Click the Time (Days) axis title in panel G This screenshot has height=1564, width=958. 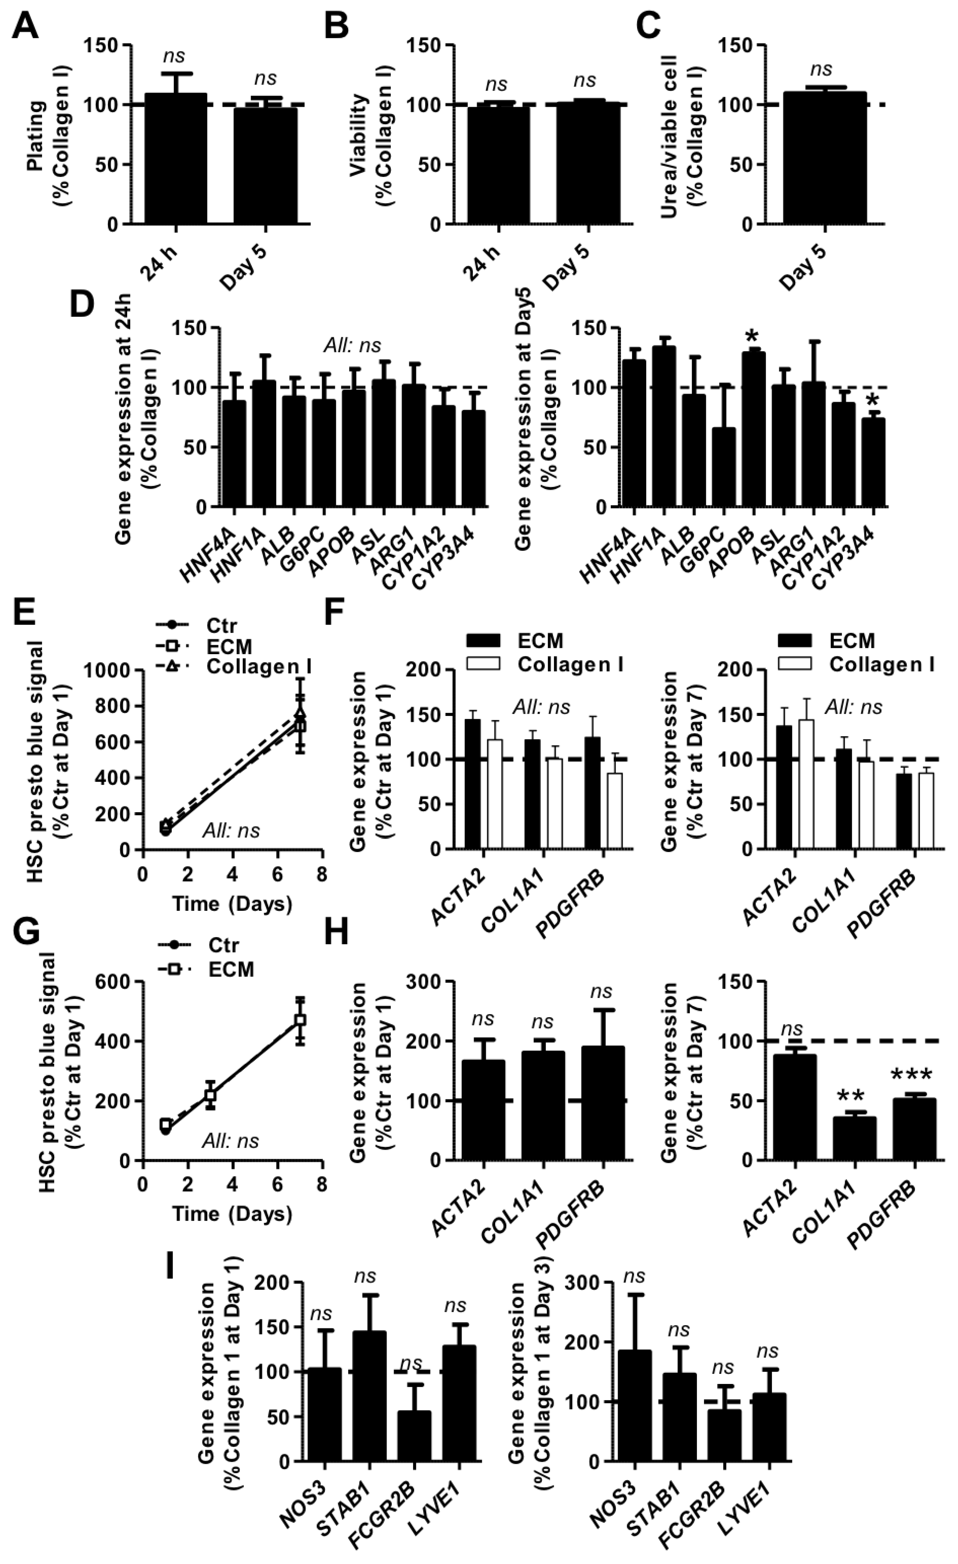(x=232, y=1214)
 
